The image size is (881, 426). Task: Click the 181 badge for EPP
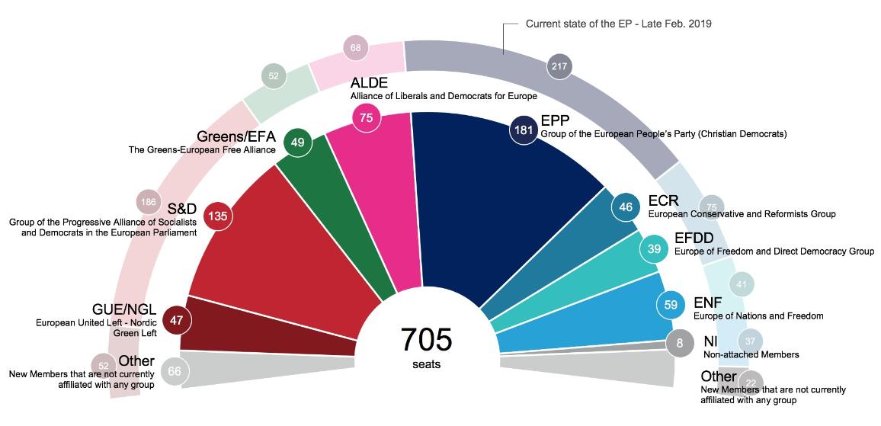coord(524,130)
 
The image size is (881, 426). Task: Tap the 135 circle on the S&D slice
coord(218,216)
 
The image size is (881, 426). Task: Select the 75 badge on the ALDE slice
coord(367,117)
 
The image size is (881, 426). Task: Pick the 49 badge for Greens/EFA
coord(296,142)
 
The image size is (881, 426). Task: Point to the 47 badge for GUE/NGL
coord(176,321)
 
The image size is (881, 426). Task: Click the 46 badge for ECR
coord(626,207)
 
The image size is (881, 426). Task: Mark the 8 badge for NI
coord(680,343)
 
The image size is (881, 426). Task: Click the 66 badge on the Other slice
coord(174,372)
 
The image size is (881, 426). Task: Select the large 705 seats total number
coord(427,339)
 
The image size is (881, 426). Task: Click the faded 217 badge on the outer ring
coord(559,67)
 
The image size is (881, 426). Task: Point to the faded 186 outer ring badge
coord(149,203)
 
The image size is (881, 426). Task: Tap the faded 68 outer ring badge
coord(356,48)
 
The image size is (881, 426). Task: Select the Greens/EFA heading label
coord(237,137)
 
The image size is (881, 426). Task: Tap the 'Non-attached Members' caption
coord(750,355)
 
